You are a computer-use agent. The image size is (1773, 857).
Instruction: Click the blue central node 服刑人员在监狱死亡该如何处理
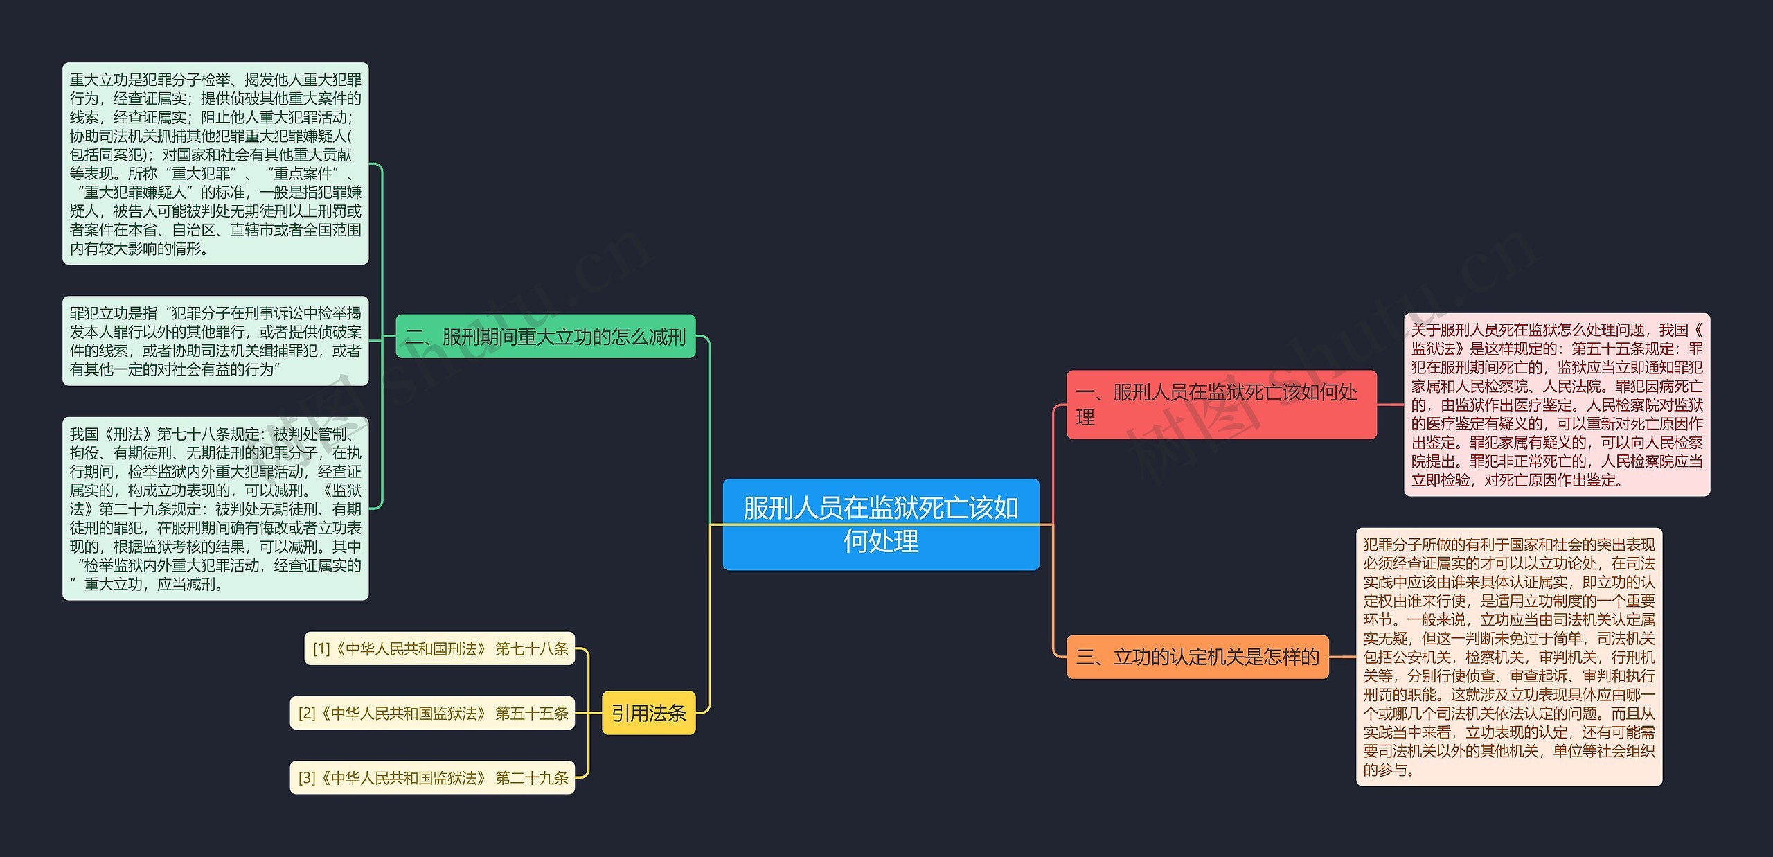coord(880,524)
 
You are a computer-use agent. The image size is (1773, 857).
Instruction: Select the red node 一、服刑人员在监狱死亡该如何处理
coord(1220,405)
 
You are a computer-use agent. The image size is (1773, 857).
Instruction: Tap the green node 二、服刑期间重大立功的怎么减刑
coord(545,337)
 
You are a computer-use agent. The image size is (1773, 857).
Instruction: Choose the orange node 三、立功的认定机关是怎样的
coord(1197,657)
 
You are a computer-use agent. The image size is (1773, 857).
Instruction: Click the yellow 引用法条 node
coord(648,713)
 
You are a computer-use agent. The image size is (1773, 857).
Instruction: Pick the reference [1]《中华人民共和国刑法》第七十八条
coord(440,648)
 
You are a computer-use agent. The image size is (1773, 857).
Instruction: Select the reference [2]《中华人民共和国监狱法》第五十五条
coord(432,713)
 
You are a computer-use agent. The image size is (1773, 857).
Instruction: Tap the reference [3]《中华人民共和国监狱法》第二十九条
coord(432,778)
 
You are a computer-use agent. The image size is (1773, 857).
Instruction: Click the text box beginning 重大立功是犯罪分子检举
coord(215,164)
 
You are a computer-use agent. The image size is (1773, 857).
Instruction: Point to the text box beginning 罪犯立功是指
coord(215,341)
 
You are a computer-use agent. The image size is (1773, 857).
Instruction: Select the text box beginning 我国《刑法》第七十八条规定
coord(215,509)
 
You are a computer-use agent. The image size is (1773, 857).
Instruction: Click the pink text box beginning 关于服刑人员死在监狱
coord(1556,405)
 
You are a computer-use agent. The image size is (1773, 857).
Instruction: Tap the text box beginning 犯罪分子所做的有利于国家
coord(1508,657)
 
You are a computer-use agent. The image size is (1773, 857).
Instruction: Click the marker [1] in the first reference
coord(321,649)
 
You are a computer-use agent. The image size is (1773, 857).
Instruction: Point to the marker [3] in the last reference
coord(307,779)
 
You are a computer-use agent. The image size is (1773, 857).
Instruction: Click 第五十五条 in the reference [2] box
coord(532,714)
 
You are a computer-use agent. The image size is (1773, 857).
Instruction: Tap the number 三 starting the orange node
coord(1085,657)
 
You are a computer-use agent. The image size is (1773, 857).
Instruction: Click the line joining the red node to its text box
coord(1390,405)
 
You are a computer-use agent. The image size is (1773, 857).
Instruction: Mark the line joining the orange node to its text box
coord(1342,657)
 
